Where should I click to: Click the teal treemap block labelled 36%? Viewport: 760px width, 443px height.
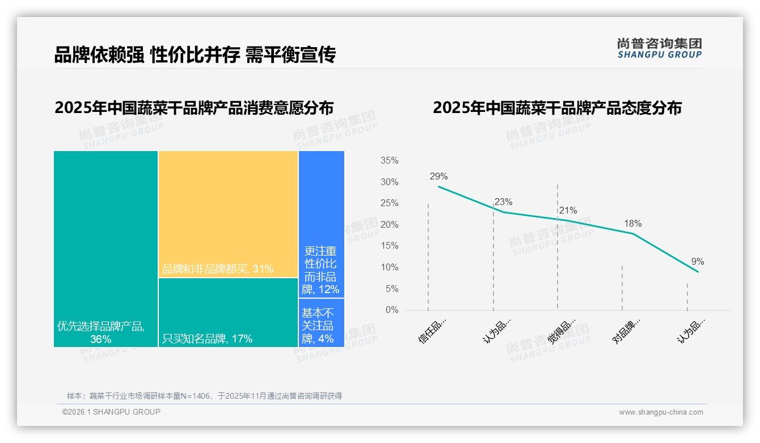coord(105,248)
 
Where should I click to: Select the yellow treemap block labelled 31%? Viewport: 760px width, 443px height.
coord(228,214)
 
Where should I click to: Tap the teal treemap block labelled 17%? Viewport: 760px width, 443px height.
coord(228,312)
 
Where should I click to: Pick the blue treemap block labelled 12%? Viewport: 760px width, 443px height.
coord(321,224)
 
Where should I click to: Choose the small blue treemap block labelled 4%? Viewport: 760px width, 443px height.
coord(321,323)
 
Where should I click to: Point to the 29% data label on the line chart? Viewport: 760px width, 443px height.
coord(438,176)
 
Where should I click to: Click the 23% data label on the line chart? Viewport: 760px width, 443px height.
coord(503,202)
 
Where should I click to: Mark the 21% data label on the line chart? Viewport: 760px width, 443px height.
coord(568,210)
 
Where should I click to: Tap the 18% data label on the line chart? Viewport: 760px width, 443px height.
coord(632,223)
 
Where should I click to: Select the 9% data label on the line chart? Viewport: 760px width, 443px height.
coord(697,261)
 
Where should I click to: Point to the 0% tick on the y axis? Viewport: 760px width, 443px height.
coord(391,310)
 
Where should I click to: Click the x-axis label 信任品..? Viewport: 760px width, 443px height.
coord(432,331)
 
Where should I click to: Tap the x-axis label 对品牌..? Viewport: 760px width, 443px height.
coord(626,331)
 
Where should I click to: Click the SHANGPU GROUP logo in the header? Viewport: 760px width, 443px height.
coord(659,48)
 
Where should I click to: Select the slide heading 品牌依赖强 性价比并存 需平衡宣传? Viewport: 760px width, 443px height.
coord(195,55)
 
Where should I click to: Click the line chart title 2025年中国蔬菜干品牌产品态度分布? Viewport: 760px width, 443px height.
coord(557,107)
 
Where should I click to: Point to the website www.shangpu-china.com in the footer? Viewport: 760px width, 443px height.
coord(661,412)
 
